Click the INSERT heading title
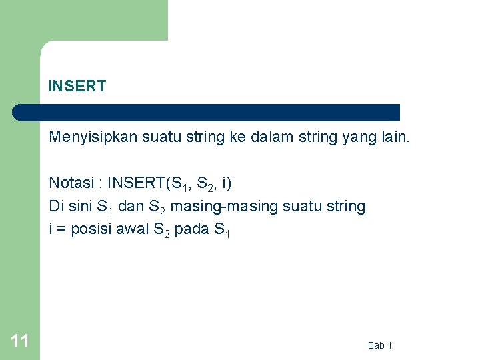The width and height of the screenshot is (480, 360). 77,86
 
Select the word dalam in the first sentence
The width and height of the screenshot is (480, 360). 272,138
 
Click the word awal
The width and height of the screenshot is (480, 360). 139,230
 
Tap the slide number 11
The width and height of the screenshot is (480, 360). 19,341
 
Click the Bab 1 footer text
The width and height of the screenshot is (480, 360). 379,345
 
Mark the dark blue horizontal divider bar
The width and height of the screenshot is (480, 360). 207,112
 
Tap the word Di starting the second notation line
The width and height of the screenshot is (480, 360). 56,206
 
